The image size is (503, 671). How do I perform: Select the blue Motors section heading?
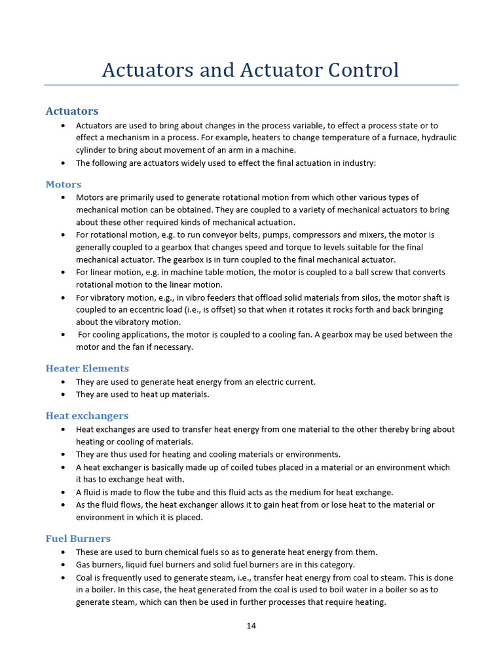[x=64, y=184]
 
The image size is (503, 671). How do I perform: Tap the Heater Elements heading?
[x=87, y=368]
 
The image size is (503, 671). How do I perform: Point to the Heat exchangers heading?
[x=86, y=415]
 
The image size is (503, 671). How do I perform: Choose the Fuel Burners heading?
[x=78, y=539]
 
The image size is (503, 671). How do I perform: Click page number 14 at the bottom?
[x=251, y=626]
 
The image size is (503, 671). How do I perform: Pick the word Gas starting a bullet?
[x=83, y=564]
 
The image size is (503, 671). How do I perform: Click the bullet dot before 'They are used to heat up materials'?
[x=62, y=394]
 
